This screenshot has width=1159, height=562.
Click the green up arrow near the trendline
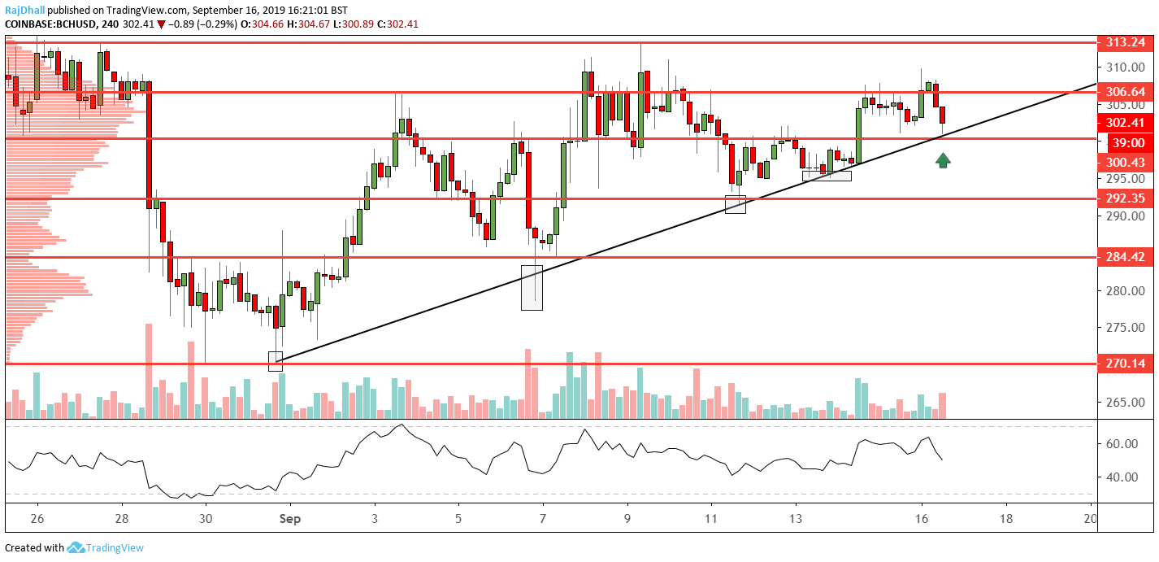point(943,160)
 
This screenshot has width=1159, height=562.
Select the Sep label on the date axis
point(291,518)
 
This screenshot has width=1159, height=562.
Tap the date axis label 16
point(922,518)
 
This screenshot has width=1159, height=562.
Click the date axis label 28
point(121,518)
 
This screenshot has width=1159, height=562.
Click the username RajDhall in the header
point(25,11)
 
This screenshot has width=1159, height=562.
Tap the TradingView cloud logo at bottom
point(76,548)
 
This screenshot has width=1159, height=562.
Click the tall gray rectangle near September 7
point(532,287)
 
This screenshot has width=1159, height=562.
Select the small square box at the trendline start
point(276,361)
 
